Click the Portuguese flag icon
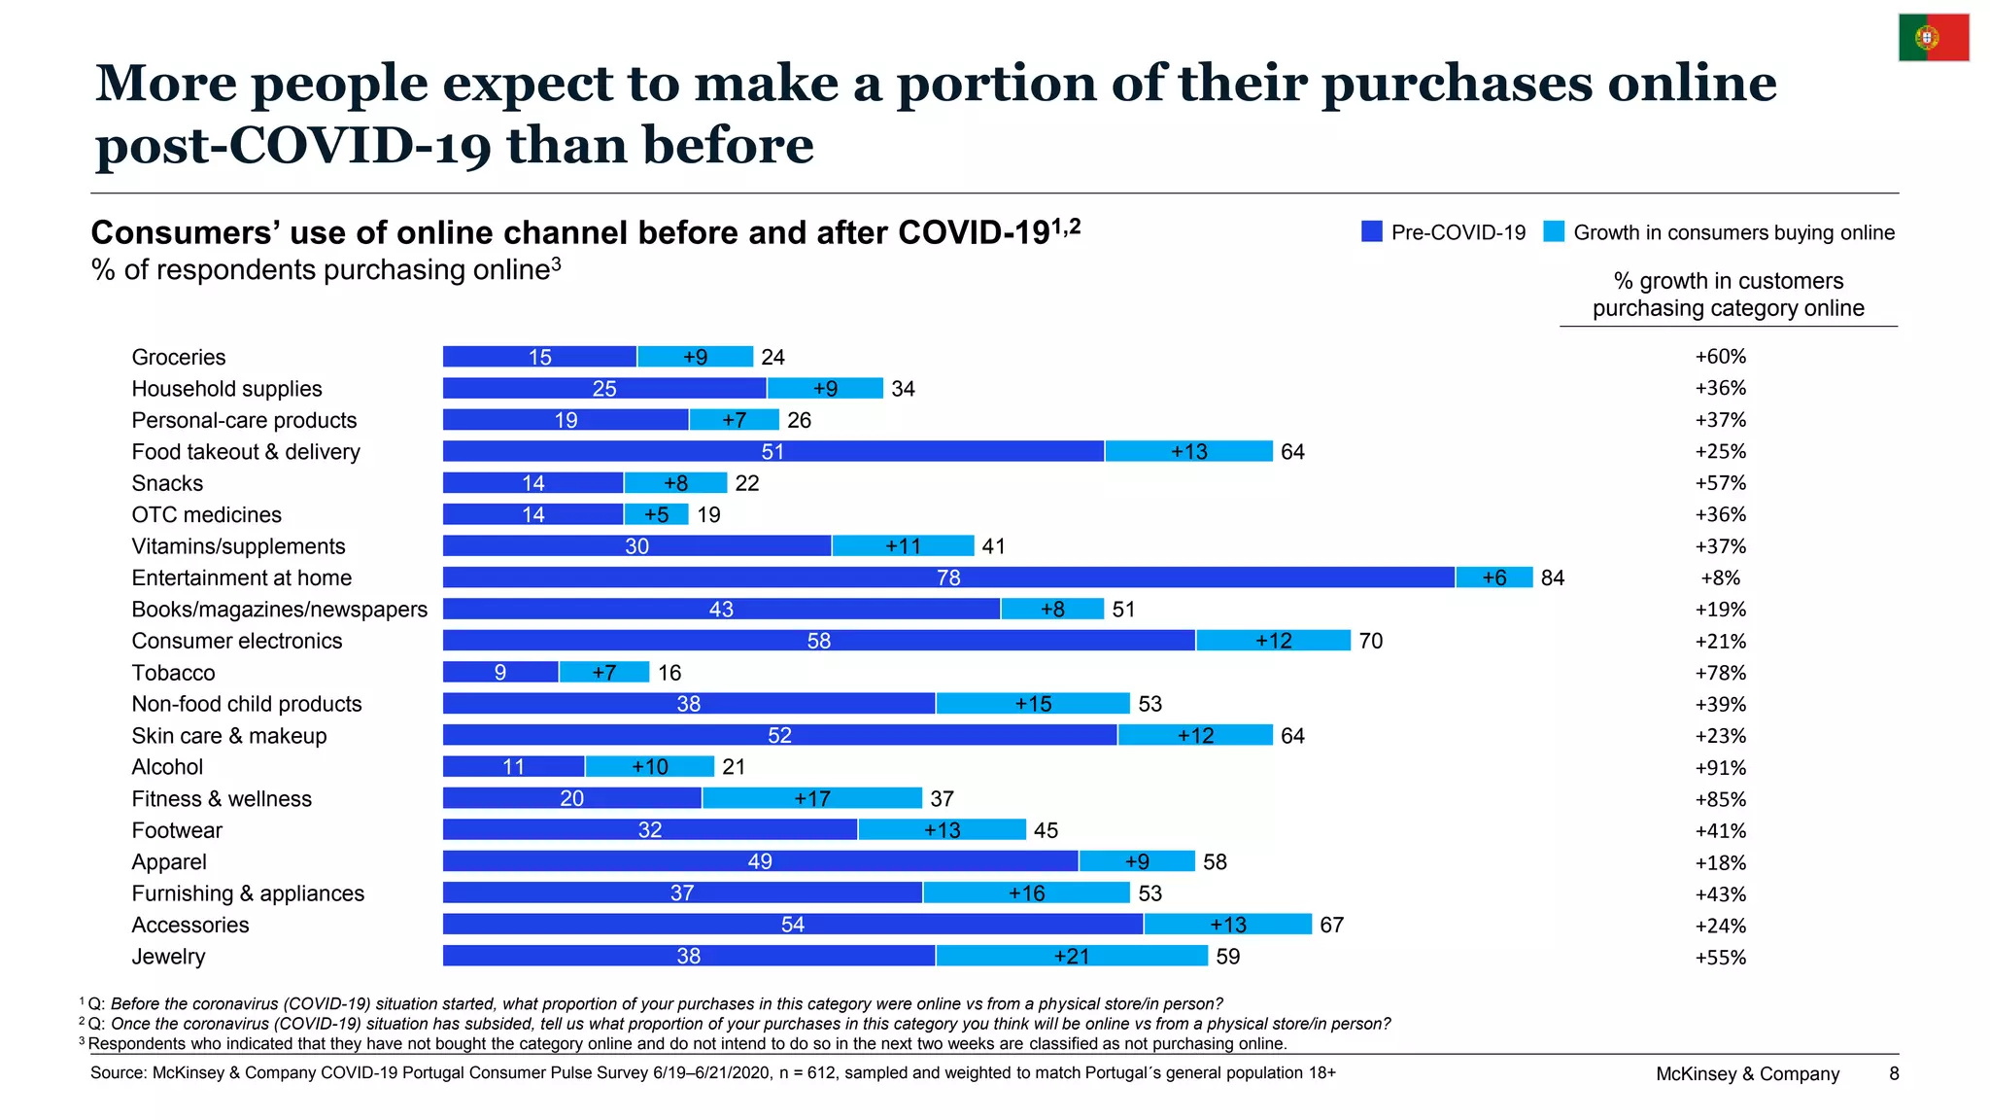coord(1934,38)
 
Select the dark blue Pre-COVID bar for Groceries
coord(540,357)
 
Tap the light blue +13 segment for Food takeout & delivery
coord(1188,451)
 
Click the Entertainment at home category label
coord(242,577)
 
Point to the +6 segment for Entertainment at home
coord(1494,577)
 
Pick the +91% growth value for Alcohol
coord(1720,767)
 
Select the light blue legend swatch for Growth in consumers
coord(1554,231)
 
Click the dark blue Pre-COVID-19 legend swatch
coord(1372,231)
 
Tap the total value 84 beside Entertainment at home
coord(1553,577)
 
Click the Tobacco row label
coord(173,673)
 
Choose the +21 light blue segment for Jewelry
coord(1072,956)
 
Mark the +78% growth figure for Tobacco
coord(1720,673)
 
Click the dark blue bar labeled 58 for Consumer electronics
coord(819,641)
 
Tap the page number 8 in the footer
coord(1894,1073)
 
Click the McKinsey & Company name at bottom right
coord(1747,1073)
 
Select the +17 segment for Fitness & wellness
coord(812,798)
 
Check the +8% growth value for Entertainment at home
coord(1720,577)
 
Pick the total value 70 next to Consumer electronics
coord(1371,641)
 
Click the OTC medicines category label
coord(207,514)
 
